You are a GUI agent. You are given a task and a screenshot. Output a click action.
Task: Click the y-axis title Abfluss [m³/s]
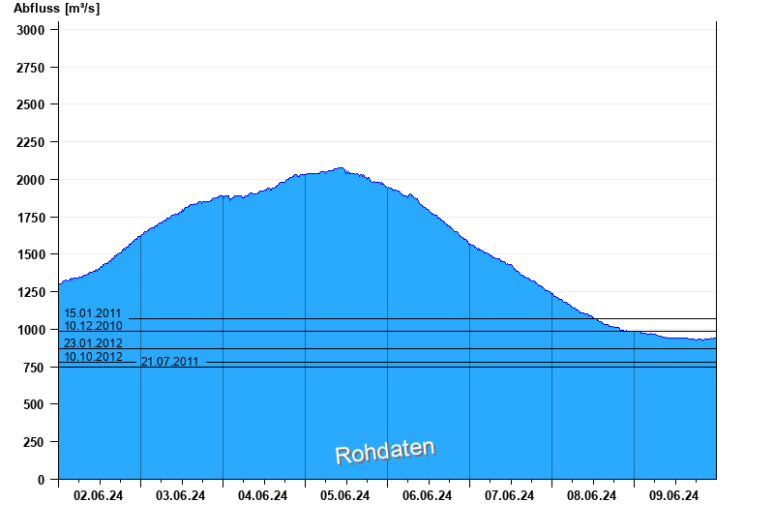coord(56,9)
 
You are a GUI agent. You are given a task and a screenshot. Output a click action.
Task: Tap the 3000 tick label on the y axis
coord(31,30)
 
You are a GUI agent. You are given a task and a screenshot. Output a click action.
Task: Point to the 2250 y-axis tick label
coord(31,142)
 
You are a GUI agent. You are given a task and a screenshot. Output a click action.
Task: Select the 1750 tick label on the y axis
coord(31,218)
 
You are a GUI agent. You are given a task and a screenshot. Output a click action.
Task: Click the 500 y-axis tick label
coord(35,404)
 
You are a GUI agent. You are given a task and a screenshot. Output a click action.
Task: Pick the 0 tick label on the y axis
coord(42,480)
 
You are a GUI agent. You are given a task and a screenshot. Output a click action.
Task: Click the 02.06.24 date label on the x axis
coord(99,496)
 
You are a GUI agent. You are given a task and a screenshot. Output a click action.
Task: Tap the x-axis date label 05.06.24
coord(345,496)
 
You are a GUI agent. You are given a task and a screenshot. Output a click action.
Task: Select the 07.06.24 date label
coord(510,496)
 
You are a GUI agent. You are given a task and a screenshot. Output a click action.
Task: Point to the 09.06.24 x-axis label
coord(674,496)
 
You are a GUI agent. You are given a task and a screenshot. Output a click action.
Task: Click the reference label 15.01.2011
coord(93,313)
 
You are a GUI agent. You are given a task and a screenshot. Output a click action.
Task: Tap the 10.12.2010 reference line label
coord(93,326)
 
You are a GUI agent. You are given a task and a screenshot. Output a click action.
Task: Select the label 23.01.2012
coord(93,343)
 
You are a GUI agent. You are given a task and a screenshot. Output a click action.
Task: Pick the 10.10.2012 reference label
coord(93,357)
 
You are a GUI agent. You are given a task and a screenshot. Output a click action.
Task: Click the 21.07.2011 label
coord(170,362)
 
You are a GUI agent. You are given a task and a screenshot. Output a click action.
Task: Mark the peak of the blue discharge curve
coord(339,168)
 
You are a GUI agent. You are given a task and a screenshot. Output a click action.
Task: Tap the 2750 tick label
coord(31,68)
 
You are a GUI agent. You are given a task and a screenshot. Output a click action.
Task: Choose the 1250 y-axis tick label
coord(31,292)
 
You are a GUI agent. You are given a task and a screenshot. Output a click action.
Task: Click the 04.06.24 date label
coord(263,496)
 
